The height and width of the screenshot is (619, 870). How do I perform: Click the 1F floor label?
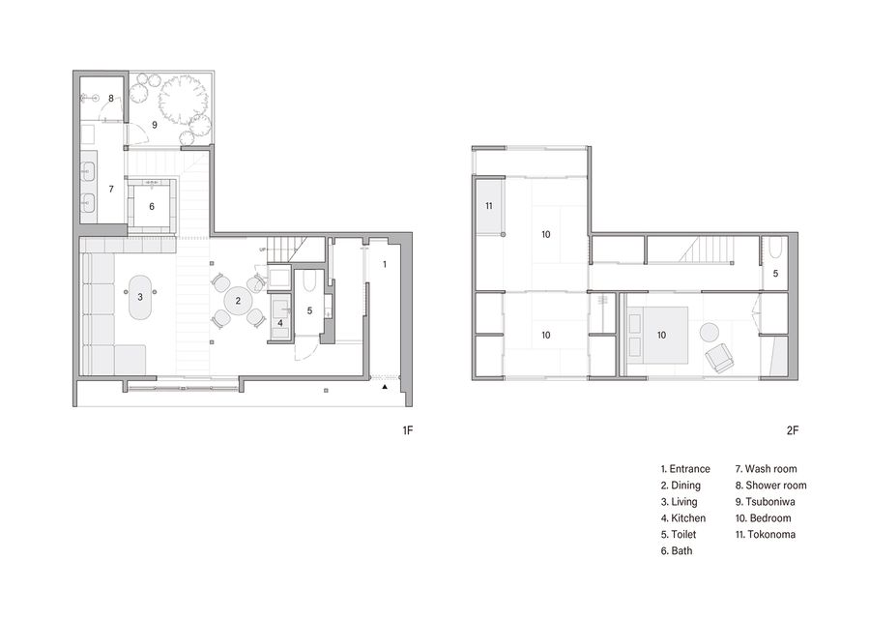pos(408,430)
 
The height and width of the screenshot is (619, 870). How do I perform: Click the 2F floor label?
pos(793,430)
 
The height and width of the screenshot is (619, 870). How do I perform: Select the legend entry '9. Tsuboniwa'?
pos(766,502)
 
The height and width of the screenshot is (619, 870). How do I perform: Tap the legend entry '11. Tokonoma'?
pos(766,535)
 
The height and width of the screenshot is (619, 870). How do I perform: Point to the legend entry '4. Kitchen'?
pos(683,518)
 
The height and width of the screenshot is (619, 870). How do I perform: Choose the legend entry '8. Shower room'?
pos(770,486)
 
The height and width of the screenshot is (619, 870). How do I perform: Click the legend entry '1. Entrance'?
pos(685,469)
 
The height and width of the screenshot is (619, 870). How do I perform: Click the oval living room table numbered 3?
pos(140,297)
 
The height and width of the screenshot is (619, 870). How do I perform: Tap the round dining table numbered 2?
pos(238,301)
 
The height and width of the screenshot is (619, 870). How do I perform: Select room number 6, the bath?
pos(152,207)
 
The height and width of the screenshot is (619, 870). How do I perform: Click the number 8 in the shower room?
pos(111,99)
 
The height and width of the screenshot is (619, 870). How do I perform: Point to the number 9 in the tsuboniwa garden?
pos(155,125)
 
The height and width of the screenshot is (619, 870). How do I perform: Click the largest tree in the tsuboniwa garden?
pos(183,100)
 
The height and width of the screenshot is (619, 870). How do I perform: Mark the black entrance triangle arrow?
pos(385,386)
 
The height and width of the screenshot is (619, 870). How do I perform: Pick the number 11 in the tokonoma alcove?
pos(489,206)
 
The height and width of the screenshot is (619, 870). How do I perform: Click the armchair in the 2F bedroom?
pos(719,358)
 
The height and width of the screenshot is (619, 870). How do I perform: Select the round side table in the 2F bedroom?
pos(710,332)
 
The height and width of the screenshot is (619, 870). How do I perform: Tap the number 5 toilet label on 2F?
pos(775,274)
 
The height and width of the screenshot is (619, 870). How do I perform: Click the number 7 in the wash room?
pos(111,190)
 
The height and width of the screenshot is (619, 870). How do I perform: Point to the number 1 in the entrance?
pos(385,264)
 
